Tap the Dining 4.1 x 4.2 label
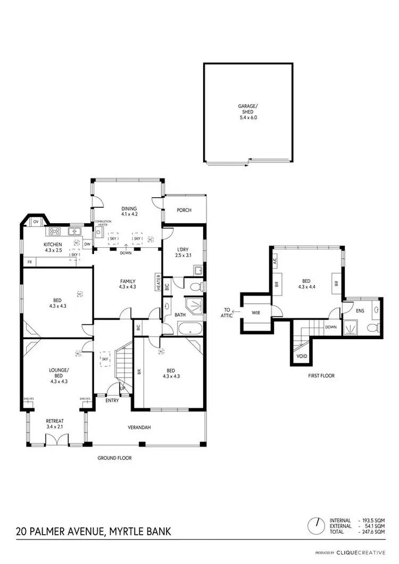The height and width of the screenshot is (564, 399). pyautogui.click(x=129, y=211)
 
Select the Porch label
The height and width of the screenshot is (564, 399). pyautogui.click(x=184, y=210)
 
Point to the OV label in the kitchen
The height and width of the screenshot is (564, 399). pyautogui.click(x=36, y=221)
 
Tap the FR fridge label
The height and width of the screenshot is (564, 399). pyautogui.click(x=29, y=262)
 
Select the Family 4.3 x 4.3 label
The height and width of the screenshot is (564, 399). pyautogui.click(x=128, y=284)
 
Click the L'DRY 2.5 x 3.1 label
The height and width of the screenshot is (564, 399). pyautogui.click(x=183, y=252)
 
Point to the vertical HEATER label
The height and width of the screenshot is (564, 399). pyautogui.click(x=158, y=282)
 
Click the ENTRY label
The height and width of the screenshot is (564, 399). pyautogui.click(x=112, y=400)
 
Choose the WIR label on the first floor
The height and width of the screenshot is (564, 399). pyautogui.click(x=256, y=313)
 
